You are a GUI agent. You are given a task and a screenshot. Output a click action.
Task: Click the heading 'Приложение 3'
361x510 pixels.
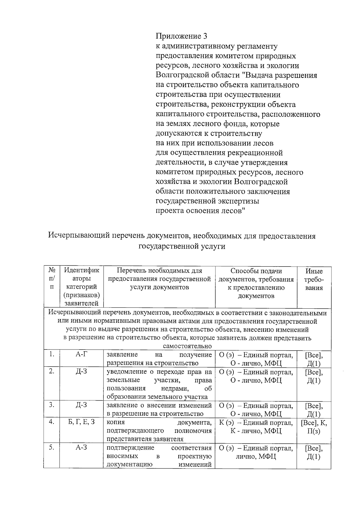181,36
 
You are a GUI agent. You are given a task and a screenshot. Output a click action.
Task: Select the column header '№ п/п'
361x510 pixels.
52,279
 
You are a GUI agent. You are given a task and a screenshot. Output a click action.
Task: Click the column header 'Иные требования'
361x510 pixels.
314,279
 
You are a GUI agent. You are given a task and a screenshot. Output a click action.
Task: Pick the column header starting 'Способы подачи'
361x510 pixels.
256,283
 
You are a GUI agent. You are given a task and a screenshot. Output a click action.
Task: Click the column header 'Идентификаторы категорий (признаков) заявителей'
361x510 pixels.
82,287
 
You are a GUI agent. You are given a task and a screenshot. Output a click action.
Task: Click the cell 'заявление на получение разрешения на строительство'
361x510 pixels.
159,359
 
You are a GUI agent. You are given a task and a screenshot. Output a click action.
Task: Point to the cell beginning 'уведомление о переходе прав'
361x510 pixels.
159,384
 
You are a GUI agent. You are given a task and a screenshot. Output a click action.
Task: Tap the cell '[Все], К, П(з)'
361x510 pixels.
314,427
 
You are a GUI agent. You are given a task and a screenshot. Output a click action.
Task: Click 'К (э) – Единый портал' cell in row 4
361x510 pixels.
256,427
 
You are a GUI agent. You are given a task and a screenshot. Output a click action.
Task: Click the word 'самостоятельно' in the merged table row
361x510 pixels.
187,346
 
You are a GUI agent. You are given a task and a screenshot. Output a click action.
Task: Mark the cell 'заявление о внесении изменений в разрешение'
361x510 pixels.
159,409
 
